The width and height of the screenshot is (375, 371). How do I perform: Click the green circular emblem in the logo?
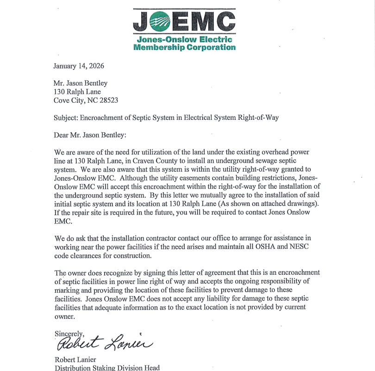pos(160,21)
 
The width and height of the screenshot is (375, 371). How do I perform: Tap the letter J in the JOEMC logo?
pos(142,22)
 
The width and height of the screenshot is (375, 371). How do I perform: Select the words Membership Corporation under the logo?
pos(184,47)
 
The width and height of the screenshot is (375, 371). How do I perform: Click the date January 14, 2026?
pos(79,66)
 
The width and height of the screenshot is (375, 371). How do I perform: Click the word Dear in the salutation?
pos(62,135)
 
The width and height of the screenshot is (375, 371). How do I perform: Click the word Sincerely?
pos(69,334)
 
